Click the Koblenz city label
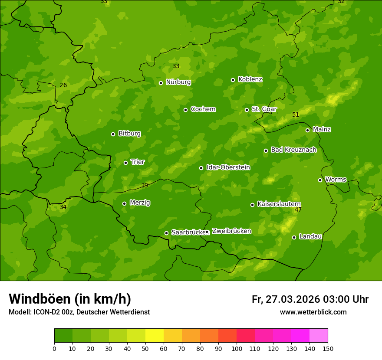tap(250, 79)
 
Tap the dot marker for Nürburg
tap(161, 83)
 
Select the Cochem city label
tap(203, 109)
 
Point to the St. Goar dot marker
tap(247, 110)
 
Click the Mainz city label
tap(322, 129)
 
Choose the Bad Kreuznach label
tap(293, 150)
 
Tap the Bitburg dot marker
tap(113, 134)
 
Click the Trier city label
tap(138, 162)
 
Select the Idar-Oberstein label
tap(228, 167)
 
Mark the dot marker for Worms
tap(320, 180)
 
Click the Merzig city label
tap(140, 203)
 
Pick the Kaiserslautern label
tap(279, 204)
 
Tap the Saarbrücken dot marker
tap(166, 233)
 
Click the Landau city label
tap(310, 236)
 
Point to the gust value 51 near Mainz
tap(296, 115)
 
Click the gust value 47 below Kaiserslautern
tap(298, 210)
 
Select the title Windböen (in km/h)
tap(70, 299)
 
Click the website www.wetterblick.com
tap(313, 312)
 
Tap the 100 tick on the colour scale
tap(237, 348)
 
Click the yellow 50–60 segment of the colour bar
tap(155, 336)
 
